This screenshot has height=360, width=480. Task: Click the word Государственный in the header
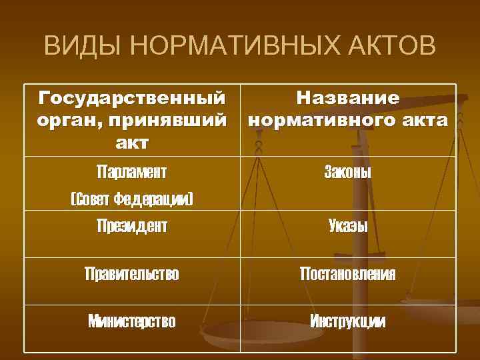click(131, 99)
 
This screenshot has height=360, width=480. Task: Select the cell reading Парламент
click(131, 172)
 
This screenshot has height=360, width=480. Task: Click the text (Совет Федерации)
click(131, 199)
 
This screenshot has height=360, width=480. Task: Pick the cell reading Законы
click(348, 172)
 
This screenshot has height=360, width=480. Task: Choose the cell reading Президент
click(131, 227)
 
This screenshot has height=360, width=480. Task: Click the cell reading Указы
click(348, 227)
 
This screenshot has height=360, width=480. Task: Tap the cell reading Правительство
click(131, 274)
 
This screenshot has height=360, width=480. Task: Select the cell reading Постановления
click(348, 274)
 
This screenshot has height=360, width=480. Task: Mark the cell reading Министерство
click(131, 322)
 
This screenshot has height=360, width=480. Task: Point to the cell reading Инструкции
click(348, 322)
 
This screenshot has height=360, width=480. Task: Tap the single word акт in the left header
click(131, 142)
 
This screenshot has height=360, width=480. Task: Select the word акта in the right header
click(427, 121)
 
